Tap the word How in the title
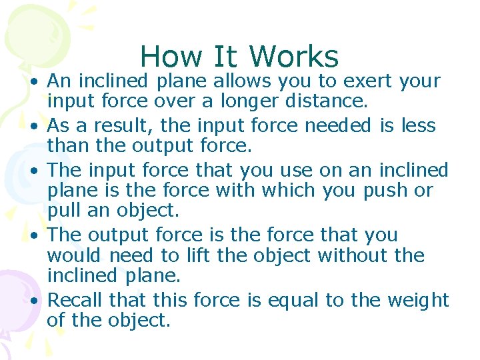[x=167, y=57]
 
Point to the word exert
[x=367, y=81]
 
